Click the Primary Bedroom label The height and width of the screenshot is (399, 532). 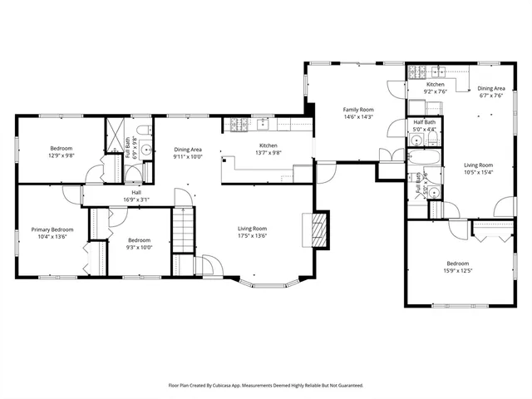tap(52, 229)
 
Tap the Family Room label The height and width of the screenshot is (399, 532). tap(359, 109)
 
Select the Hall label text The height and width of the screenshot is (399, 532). tap(135, 191)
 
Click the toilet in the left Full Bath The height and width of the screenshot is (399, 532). tap(144, 129)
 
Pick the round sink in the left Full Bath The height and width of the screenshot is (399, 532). tap(146, 150)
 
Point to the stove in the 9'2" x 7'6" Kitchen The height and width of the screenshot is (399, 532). tap(417, 72)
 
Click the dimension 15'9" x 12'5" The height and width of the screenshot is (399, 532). tap(459, 270)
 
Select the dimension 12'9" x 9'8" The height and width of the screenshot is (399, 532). tap(62, 155)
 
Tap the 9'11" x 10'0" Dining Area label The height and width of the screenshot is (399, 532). tap(188, 156)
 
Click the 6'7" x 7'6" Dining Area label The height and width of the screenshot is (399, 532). tap(490, 96)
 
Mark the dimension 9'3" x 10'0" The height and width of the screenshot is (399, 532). tap(139, 247)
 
